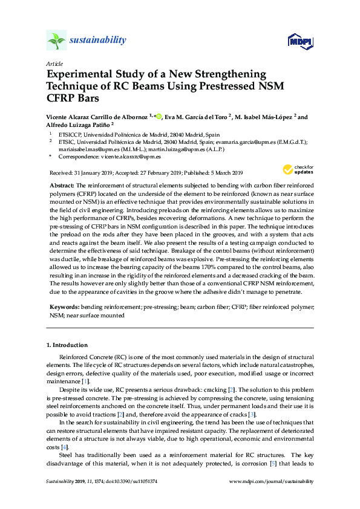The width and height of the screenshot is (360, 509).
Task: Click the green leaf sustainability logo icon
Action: point(56,41)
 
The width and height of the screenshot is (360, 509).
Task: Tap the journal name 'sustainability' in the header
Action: point(99,41)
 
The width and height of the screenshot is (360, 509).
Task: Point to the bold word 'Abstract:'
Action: point(61,184)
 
